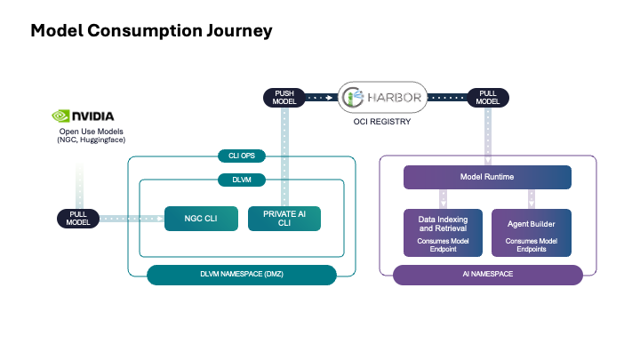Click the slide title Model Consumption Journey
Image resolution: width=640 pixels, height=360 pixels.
point(151,31)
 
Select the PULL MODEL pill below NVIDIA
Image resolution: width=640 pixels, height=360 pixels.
point(78,218)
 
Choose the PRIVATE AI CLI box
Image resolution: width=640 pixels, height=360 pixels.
point(284,218)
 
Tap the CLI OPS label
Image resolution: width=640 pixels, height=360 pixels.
point(242,156)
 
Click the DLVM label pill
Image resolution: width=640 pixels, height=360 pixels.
point(242,180)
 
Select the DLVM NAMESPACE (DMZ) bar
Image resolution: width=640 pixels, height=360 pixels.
point(242,275)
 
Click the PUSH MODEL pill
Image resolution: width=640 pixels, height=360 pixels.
point(285,96)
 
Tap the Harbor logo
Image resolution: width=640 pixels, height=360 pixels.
point(382,96)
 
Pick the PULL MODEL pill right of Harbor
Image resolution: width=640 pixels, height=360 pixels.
point(487,96)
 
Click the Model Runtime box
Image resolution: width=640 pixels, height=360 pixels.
point(488,177)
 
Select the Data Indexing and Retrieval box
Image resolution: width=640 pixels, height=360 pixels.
point(443,232)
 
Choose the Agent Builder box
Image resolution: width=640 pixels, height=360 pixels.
point(532,232)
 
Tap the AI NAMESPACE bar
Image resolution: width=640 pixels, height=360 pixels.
point(488,275)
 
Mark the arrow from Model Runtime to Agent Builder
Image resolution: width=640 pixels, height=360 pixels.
point(532,198)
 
